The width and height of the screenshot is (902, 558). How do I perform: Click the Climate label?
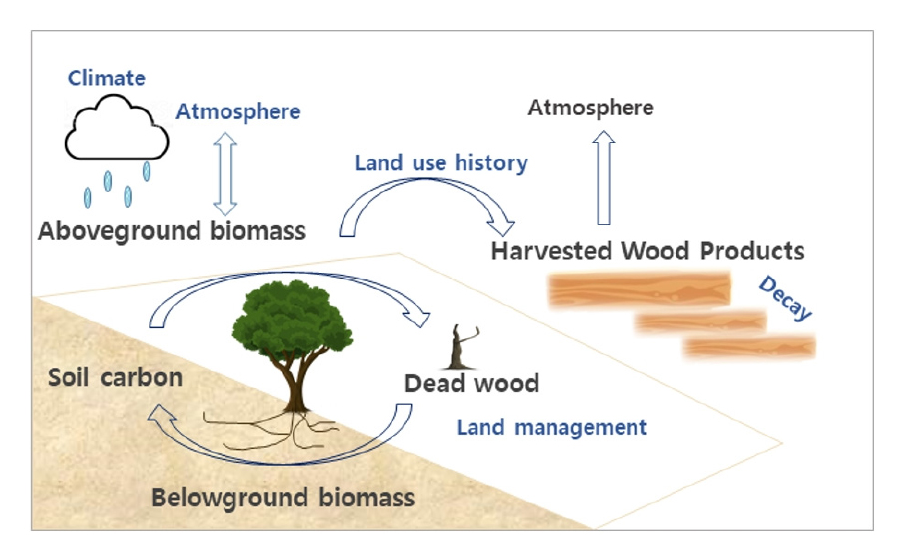pos(106,78)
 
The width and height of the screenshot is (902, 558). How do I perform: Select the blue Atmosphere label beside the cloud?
pos(237,111)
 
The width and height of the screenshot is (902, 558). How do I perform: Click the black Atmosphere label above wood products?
pos(590,107)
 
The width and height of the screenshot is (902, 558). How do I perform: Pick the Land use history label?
pos(441,162)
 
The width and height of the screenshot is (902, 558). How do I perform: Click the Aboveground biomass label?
pos(172,231)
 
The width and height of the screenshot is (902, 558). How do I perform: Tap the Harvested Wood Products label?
pos(647,250)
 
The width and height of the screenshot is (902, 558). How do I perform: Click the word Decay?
pos(786,298)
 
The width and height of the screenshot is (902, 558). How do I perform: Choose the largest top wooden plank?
pos(627,291)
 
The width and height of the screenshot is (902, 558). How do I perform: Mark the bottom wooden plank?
pos(749,346)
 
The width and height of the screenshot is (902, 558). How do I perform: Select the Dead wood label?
pos(471,383)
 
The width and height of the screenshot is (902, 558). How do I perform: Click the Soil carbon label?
pos(115,378)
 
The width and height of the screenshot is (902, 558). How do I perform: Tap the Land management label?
pos(551,428)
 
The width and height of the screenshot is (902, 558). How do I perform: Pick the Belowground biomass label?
pos(282,496)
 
